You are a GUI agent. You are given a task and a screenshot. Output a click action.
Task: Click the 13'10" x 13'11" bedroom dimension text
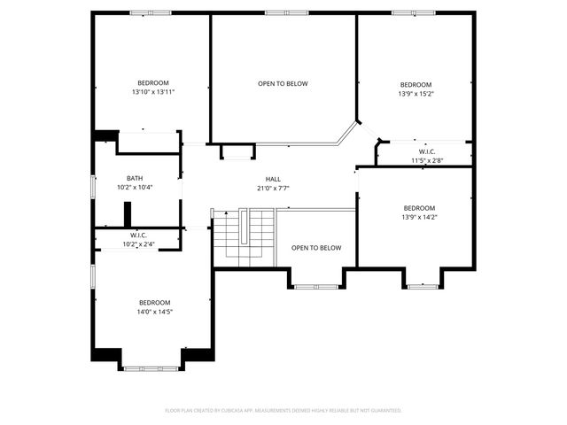(x=152, y=92)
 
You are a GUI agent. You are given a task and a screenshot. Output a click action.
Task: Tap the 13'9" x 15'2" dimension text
(x=416, y=93)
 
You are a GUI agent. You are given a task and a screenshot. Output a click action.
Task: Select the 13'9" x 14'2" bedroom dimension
(x=419, y=217)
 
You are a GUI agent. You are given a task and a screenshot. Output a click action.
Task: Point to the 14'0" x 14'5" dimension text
(x=154, y=312)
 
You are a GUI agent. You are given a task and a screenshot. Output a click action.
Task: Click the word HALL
(x=273, y=179)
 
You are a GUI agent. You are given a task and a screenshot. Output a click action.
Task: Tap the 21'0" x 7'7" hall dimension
(x=273, y=188)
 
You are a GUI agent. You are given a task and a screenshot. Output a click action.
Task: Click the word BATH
(x=135, y=178)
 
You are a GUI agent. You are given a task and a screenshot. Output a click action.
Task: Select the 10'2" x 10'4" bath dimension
(x=135, y=187)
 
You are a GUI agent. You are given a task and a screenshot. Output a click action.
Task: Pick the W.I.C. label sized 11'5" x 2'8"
(x=426, y=151)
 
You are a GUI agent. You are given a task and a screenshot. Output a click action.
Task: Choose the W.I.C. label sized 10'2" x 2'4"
(x=137, y=236)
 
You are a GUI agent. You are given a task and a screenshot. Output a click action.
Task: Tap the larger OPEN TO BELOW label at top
(x=283, y=84)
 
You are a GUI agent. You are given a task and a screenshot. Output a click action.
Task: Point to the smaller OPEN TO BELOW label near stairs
(x=316, y=248)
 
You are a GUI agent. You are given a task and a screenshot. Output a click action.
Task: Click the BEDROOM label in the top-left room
(x=152, y=83)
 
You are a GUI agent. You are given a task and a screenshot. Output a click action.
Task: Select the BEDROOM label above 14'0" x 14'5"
(x=154, y=302)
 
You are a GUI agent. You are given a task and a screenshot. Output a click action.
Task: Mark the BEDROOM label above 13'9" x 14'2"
(x=419, y=208)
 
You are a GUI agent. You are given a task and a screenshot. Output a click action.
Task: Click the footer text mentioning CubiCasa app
(x=283, y=410)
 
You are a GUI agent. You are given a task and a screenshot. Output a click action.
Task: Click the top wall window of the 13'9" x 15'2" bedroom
(x=410, y=12)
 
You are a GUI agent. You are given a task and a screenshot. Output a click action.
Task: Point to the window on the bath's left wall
(x=94, y=188)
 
